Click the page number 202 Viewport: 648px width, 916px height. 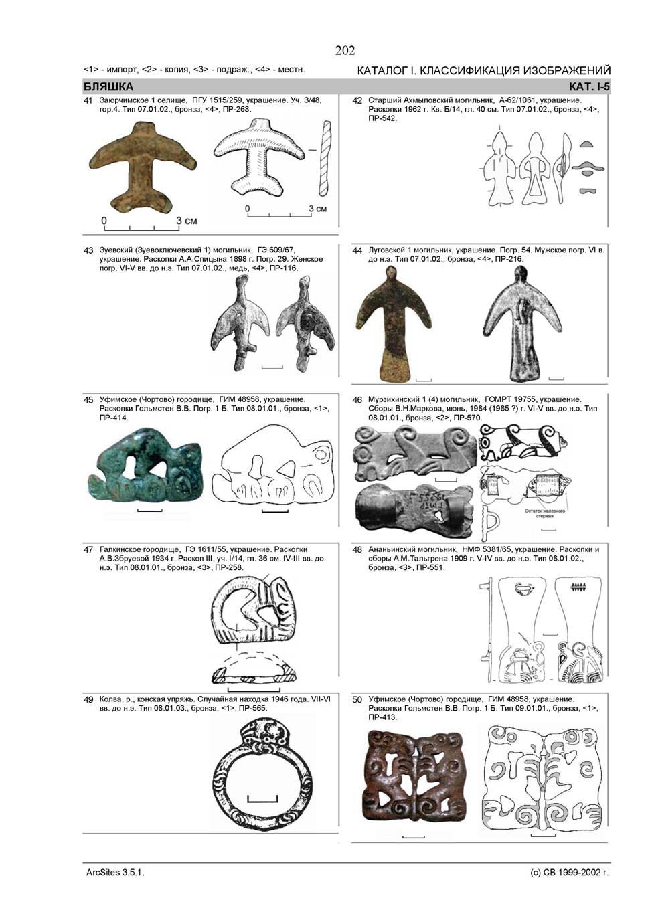(345, 50)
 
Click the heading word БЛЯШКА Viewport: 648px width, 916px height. (108, 87)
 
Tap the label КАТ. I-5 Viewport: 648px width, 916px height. (589, 87)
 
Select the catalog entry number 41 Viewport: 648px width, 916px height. (88, 100)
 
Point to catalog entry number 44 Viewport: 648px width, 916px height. (357, 250)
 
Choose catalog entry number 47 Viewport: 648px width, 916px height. (88, 550)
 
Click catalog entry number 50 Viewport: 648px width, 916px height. (357, 700)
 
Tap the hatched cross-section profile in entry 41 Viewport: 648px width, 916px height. (325, 158)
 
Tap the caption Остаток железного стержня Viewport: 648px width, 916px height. (545, 513)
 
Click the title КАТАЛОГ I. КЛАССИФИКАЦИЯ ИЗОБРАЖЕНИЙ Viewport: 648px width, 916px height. (484, 70)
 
